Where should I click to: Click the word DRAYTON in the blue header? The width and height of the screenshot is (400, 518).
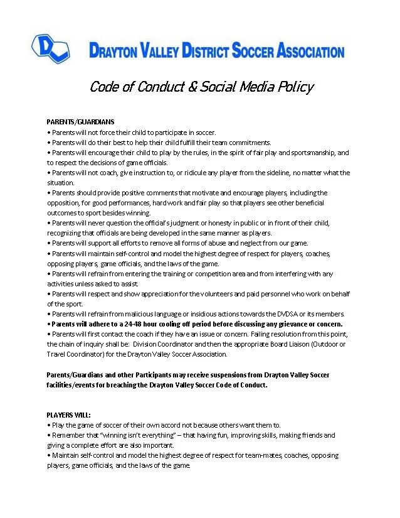116,51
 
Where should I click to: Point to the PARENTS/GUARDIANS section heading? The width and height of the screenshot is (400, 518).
80,122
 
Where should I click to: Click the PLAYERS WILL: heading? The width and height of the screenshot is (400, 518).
69,415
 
